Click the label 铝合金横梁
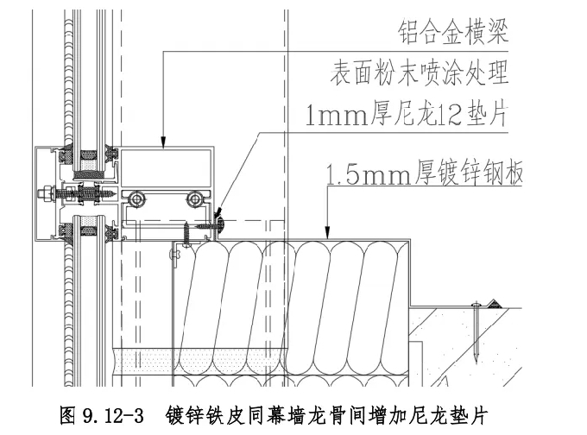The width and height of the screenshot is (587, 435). (x=451, y=35)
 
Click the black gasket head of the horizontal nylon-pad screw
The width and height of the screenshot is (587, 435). (x=222, y=224)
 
